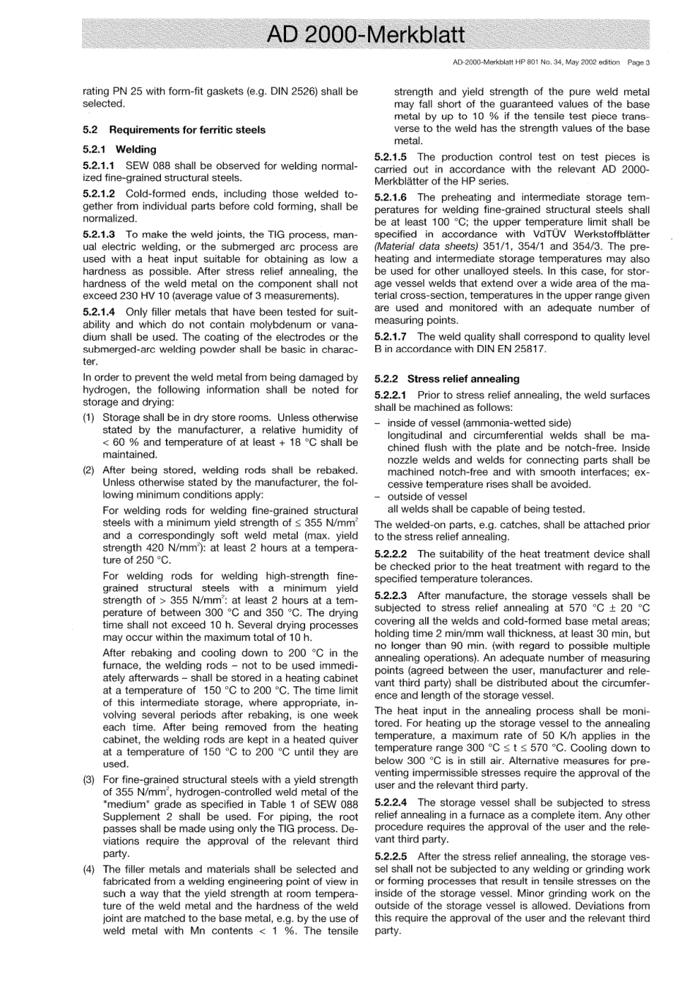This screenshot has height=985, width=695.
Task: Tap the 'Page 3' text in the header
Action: [638, 62]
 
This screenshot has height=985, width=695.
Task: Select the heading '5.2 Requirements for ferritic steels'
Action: [174, 130]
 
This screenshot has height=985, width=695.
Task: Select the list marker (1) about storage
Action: [89, 417]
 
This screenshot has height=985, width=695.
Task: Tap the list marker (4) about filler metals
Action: [89, 869]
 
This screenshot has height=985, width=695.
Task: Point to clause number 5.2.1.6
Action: [391, 197]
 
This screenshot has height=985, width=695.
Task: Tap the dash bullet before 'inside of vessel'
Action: [377, 423]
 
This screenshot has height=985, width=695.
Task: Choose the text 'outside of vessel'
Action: [427, 497]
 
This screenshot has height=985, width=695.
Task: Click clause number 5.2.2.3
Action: [391, 596]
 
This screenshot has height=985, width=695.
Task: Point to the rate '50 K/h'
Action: [564, 735]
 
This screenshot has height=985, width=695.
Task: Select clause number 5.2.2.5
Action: [391, 856]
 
